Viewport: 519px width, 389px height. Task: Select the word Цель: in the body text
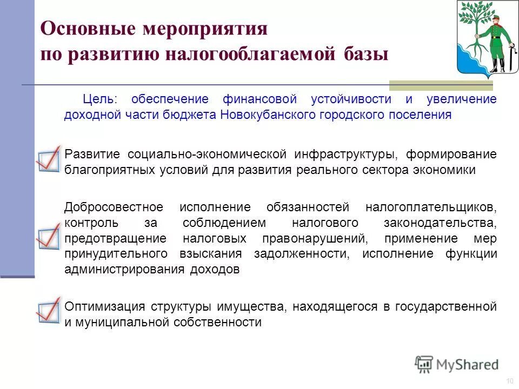[99, 100]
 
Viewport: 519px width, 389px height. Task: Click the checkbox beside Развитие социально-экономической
[48, 158]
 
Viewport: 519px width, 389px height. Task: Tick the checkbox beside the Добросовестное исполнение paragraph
[48, 236]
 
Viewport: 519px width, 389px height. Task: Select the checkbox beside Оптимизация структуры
[48, 310]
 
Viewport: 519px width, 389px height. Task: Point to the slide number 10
[509, 381]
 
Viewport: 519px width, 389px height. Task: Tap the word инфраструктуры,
[347, 154]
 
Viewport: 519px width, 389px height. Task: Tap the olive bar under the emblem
[441, 85]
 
